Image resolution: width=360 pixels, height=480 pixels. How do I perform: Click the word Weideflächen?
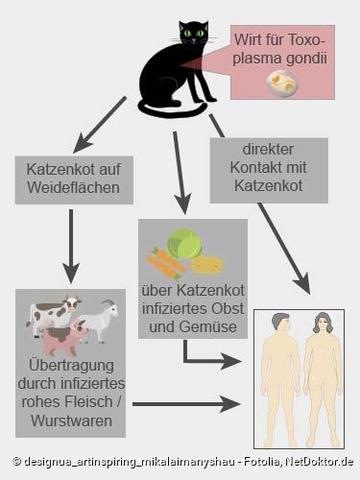point(68,188)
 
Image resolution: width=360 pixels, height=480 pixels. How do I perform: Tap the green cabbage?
point(183,244)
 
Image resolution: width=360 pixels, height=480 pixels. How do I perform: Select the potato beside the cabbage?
point(208,266)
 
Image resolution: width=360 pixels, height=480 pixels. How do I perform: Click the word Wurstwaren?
point(70,423)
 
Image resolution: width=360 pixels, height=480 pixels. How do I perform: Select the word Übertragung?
point(70,363)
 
